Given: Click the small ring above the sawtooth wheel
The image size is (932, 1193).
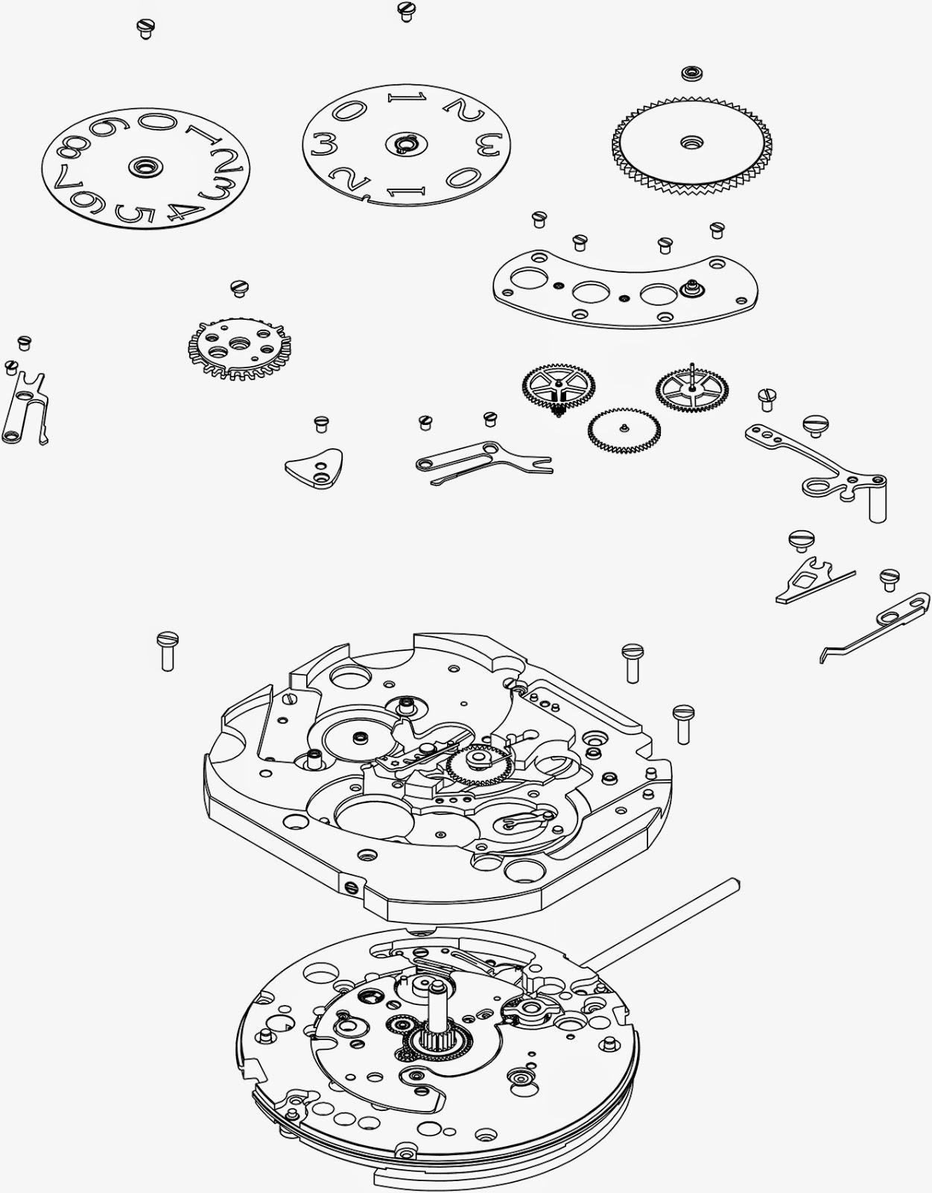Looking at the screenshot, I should pos(691,74).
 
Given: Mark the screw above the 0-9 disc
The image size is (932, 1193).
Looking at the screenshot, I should pos(145,28).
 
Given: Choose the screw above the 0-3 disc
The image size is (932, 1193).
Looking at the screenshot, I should pos(406,10).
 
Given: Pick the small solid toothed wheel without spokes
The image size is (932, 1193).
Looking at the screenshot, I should pos(618,430).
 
